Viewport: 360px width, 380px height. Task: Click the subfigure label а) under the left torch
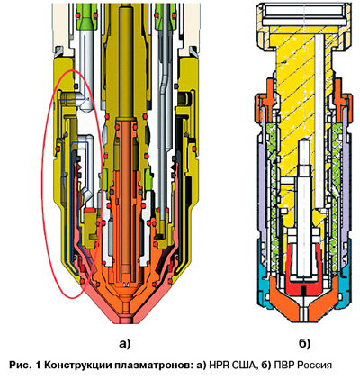125,344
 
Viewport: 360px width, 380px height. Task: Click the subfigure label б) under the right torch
304,344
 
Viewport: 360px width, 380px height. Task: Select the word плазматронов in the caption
151,366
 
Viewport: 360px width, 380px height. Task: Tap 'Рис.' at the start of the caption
20,366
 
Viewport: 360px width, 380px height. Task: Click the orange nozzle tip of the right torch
304,309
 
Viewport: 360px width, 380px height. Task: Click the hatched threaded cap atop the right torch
304,25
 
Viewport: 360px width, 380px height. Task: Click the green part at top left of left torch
86,21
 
